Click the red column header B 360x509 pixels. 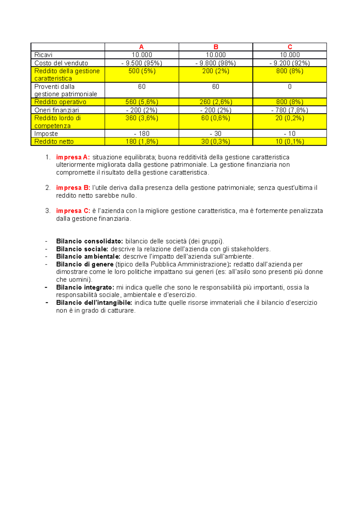[216, 47]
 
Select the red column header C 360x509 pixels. [290, 47]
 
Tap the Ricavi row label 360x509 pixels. [43, 55]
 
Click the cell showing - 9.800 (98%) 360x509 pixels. [216, 63]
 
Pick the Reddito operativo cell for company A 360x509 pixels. [142, 102]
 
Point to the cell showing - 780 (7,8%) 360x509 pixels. [290, 110]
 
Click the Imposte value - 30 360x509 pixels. [216, 134]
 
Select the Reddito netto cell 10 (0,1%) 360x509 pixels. [290, 141]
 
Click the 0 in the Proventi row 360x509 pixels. [290, 87]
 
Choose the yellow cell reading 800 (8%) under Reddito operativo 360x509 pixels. [290, 102]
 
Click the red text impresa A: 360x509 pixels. [73, 157]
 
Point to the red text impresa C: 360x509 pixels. [73, 211]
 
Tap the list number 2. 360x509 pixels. [48, 188]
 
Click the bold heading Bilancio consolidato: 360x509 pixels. [89, 241]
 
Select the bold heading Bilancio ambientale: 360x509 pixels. [88, 257]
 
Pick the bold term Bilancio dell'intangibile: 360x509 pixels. [94, 303]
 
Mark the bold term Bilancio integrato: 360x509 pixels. [85, 287]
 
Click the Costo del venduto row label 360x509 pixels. [61, 63]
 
